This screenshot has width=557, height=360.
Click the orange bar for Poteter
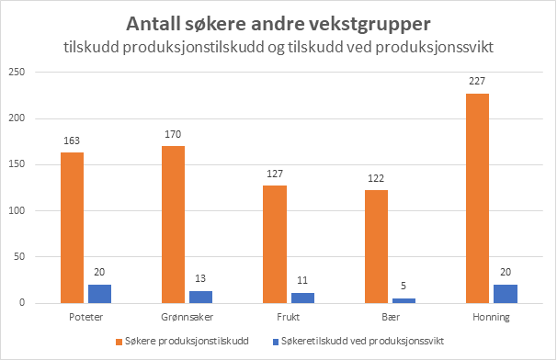click(72, 228)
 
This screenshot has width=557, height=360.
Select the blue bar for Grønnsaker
click(200, 298)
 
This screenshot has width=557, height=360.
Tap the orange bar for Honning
click(477, 198)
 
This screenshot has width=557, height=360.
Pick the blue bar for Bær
click(404, 300)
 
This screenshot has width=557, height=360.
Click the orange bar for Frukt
click(275, 244)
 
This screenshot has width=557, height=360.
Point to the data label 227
click(477, 82)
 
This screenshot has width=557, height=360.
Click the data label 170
click(173, 134)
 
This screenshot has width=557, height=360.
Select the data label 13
click(200, 278)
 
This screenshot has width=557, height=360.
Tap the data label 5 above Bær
click(404, 286)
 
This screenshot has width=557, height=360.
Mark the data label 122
click(376, 178)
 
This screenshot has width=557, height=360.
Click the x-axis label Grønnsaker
click(188, 317)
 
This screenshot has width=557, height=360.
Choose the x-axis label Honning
click(492, 318)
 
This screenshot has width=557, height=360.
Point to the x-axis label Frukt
click(288, 317)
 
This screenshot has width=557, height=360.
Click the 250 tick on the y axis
click(17, 72)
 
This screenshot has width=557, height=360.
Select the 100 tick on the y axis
click(17, 210)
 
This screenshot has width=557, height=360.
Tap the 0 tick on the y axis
click(22, 303)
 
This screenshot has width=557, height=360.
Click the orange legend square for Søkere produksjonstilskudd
click(119, 342)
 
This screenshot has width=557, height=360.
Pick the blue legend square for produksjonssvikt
click(276, 342)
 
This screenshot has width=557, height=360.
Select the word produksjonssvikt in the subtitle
click(435, 47)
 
